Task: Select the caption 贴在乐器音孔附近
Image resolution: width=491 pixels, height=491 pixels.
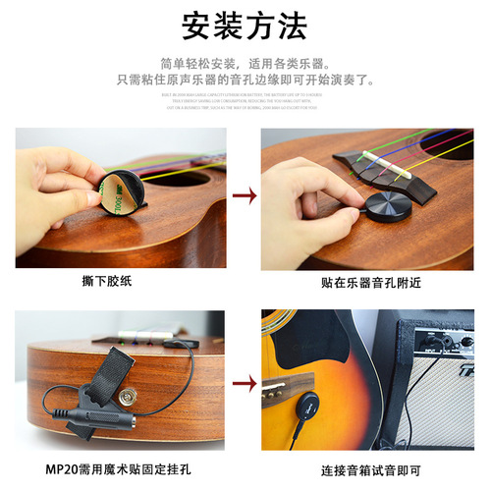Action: [367, 282]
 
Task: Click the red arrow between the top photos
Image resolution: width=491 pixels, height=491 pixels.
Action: [245, 196]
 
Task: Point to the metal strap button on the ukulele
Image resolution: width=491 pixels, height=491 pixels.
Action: [126, 396]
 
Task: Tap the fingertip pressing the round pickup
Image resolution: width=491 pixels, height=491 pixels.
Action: [339, 202]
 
